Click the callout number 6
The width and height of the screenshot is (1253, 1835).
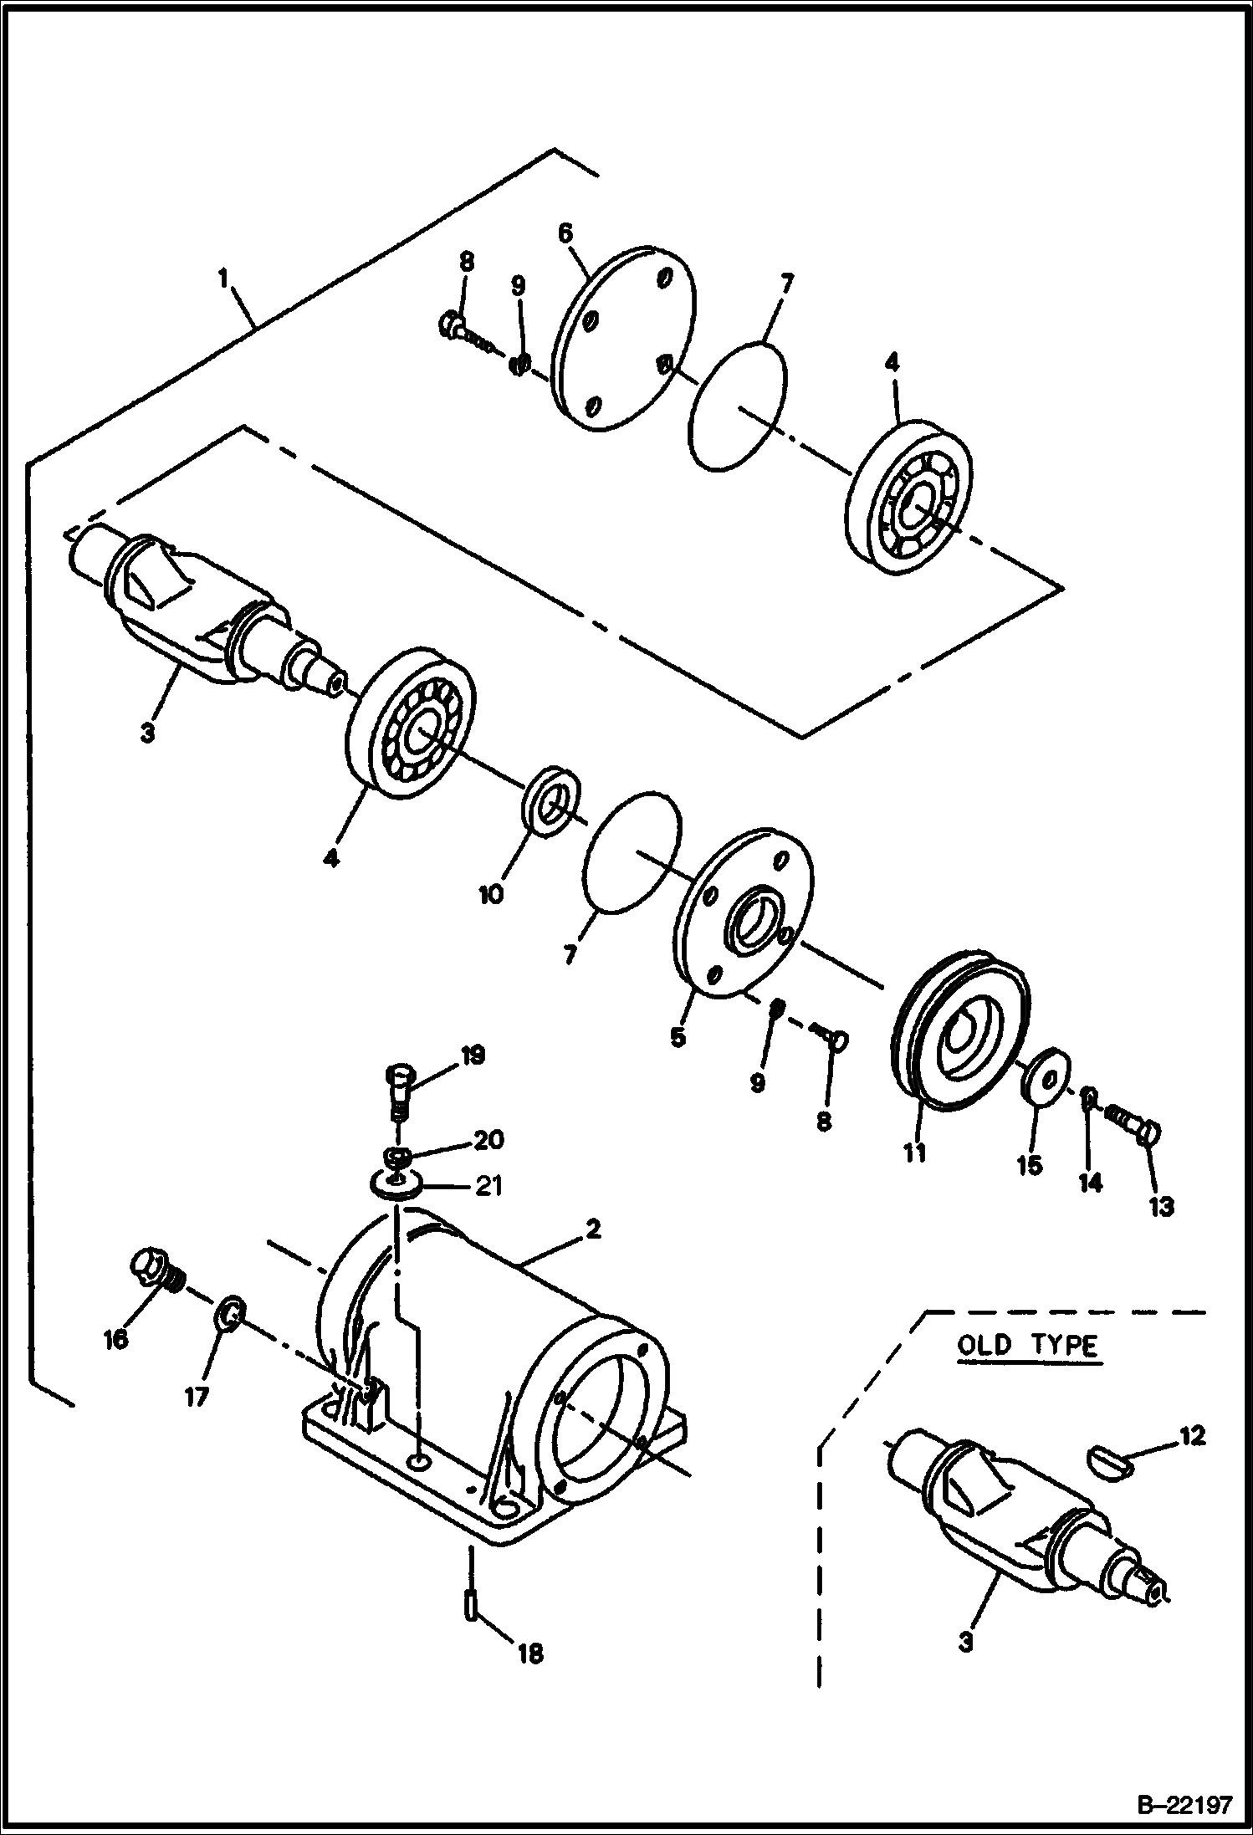coord(565,233)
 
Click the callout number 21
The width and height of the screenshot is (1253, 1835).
coord(488,1185)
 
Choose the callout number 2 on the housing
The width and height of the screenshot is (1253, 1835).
coord(591,1229)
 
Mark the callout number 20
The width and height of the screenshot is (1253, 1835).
coord(488,1139)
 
